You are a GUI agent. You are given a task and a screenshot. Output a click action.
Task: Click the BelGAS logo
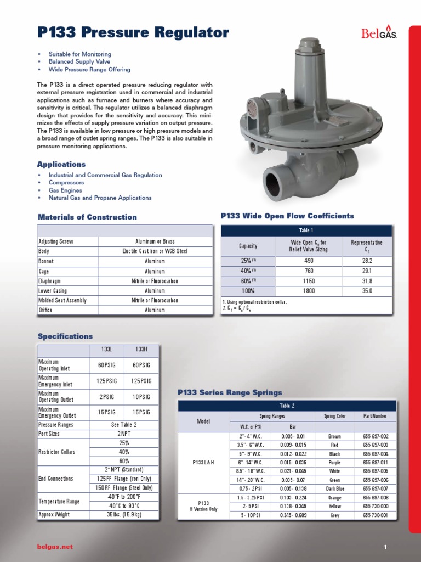[x=379, y=33]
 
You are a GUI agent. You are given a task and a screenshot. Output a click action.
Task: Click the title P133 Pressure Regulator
[x=133, y=33]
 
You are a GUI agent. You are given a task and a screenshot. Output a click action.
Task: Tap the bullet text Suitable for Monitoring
[x=80, y=54]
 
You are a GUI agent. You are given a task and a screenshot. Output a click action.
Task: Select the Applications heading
[x=61, y=164]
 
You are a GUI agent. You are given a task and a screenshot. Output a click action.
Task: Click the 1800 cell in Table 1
[x=309, y=291]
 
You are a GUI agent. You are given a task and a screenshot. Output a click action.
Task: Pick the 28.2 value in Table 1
[x=367, y=261]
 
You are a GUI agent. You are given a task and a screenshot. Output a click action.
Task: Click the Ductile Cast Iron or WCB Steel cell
[x=155, y=251]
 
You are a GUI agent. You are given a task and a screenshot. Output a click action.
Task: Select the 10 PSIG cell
[x=141, y=396]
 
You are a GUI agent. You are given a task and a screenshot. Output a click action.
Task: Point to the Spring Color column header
[x=334, y=417]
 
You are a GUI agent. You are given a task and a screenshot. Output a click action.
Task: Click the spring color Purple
[x=334, y=463]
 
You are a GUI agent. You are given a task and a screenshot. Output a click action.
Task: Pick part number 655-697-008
[x=376, y=498]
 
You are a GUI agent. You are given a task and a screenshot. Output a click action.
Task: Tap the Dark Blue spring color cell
[x=334, y=488]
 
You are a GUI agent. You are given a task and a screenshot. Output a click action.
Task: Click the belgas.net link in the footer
[x=55, y=547]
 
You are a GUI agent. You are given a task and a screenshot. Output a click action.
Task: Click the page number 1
[x=386, y=547]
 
